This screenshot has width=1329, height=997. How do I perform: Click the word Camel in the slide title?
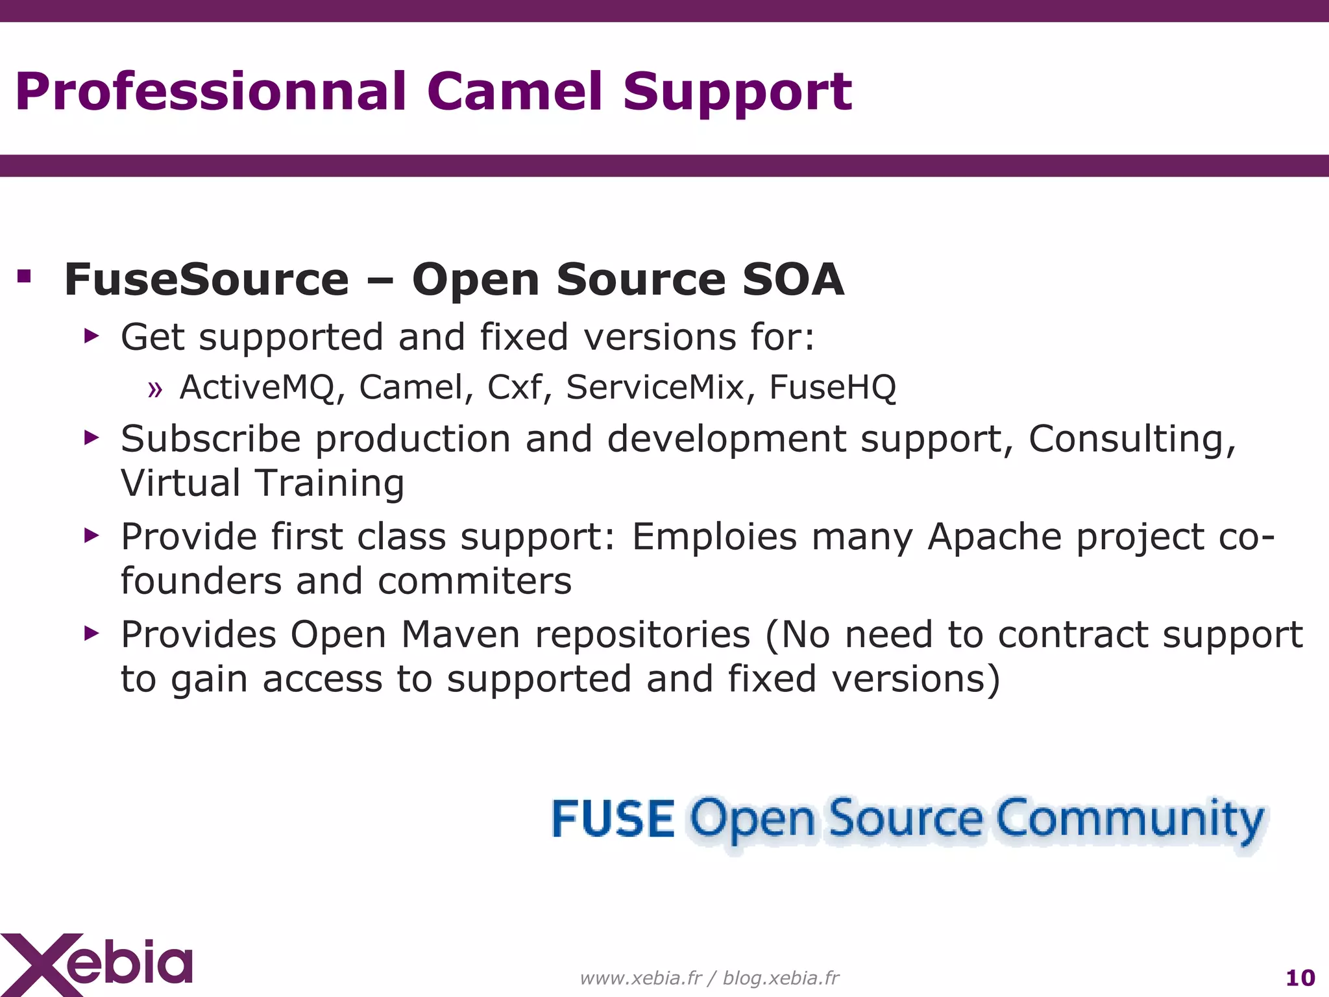(515, 92)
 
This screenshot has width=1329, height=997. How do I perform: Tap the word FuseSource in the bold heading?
(206, 280)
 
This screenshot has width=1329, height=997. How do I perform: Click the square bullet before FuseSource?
(25, 277)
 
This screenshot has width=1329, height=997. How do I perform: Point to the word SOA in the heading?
(792, 280)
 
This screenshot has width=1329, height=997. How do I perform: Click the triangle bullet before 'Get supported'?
(91, 336)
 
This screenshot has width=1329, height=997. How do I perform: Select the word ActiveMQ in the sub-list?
(258, 388)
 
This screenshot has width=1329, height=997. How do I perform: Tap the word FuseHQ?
(833, 388)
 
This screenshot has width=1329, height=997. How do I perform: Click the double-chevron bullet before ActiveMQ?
(154, 389)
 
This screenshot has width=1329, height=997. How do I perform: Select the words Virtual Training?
(262, 484)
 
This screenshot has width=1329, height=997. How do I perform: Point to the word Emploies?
(714, 538)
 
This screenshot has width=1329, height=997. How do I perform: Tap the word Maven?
(460, 635)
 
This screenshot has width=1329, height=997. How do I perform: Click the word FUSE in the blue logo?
(613, 819)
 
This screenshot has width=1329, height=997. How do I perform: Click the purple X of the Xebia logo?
(39, 965)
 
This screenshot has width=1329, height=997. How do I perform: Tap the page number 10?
(1300, 978)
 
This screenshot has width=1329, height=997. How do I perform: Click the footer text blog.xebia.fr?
(781, 978)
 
